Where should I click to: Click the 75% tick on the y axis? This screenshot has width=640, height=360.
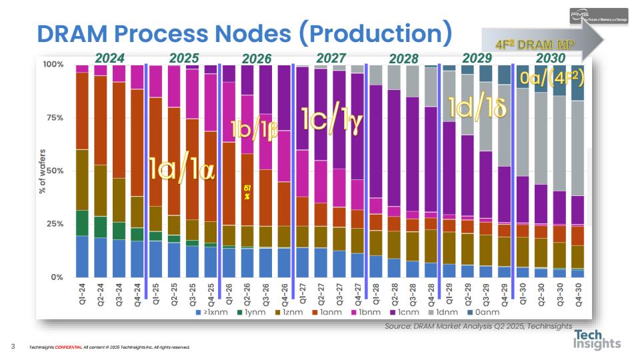tap(53, 118)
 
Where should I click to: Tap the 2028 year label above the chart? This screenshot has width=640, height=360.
tap(403, 59)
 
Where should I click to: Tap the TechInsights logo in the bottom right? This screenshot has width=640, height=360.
tap(597, 339)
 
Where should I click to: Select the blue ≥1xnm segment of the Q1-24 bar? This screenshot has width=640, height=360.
tap(82, 256)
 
